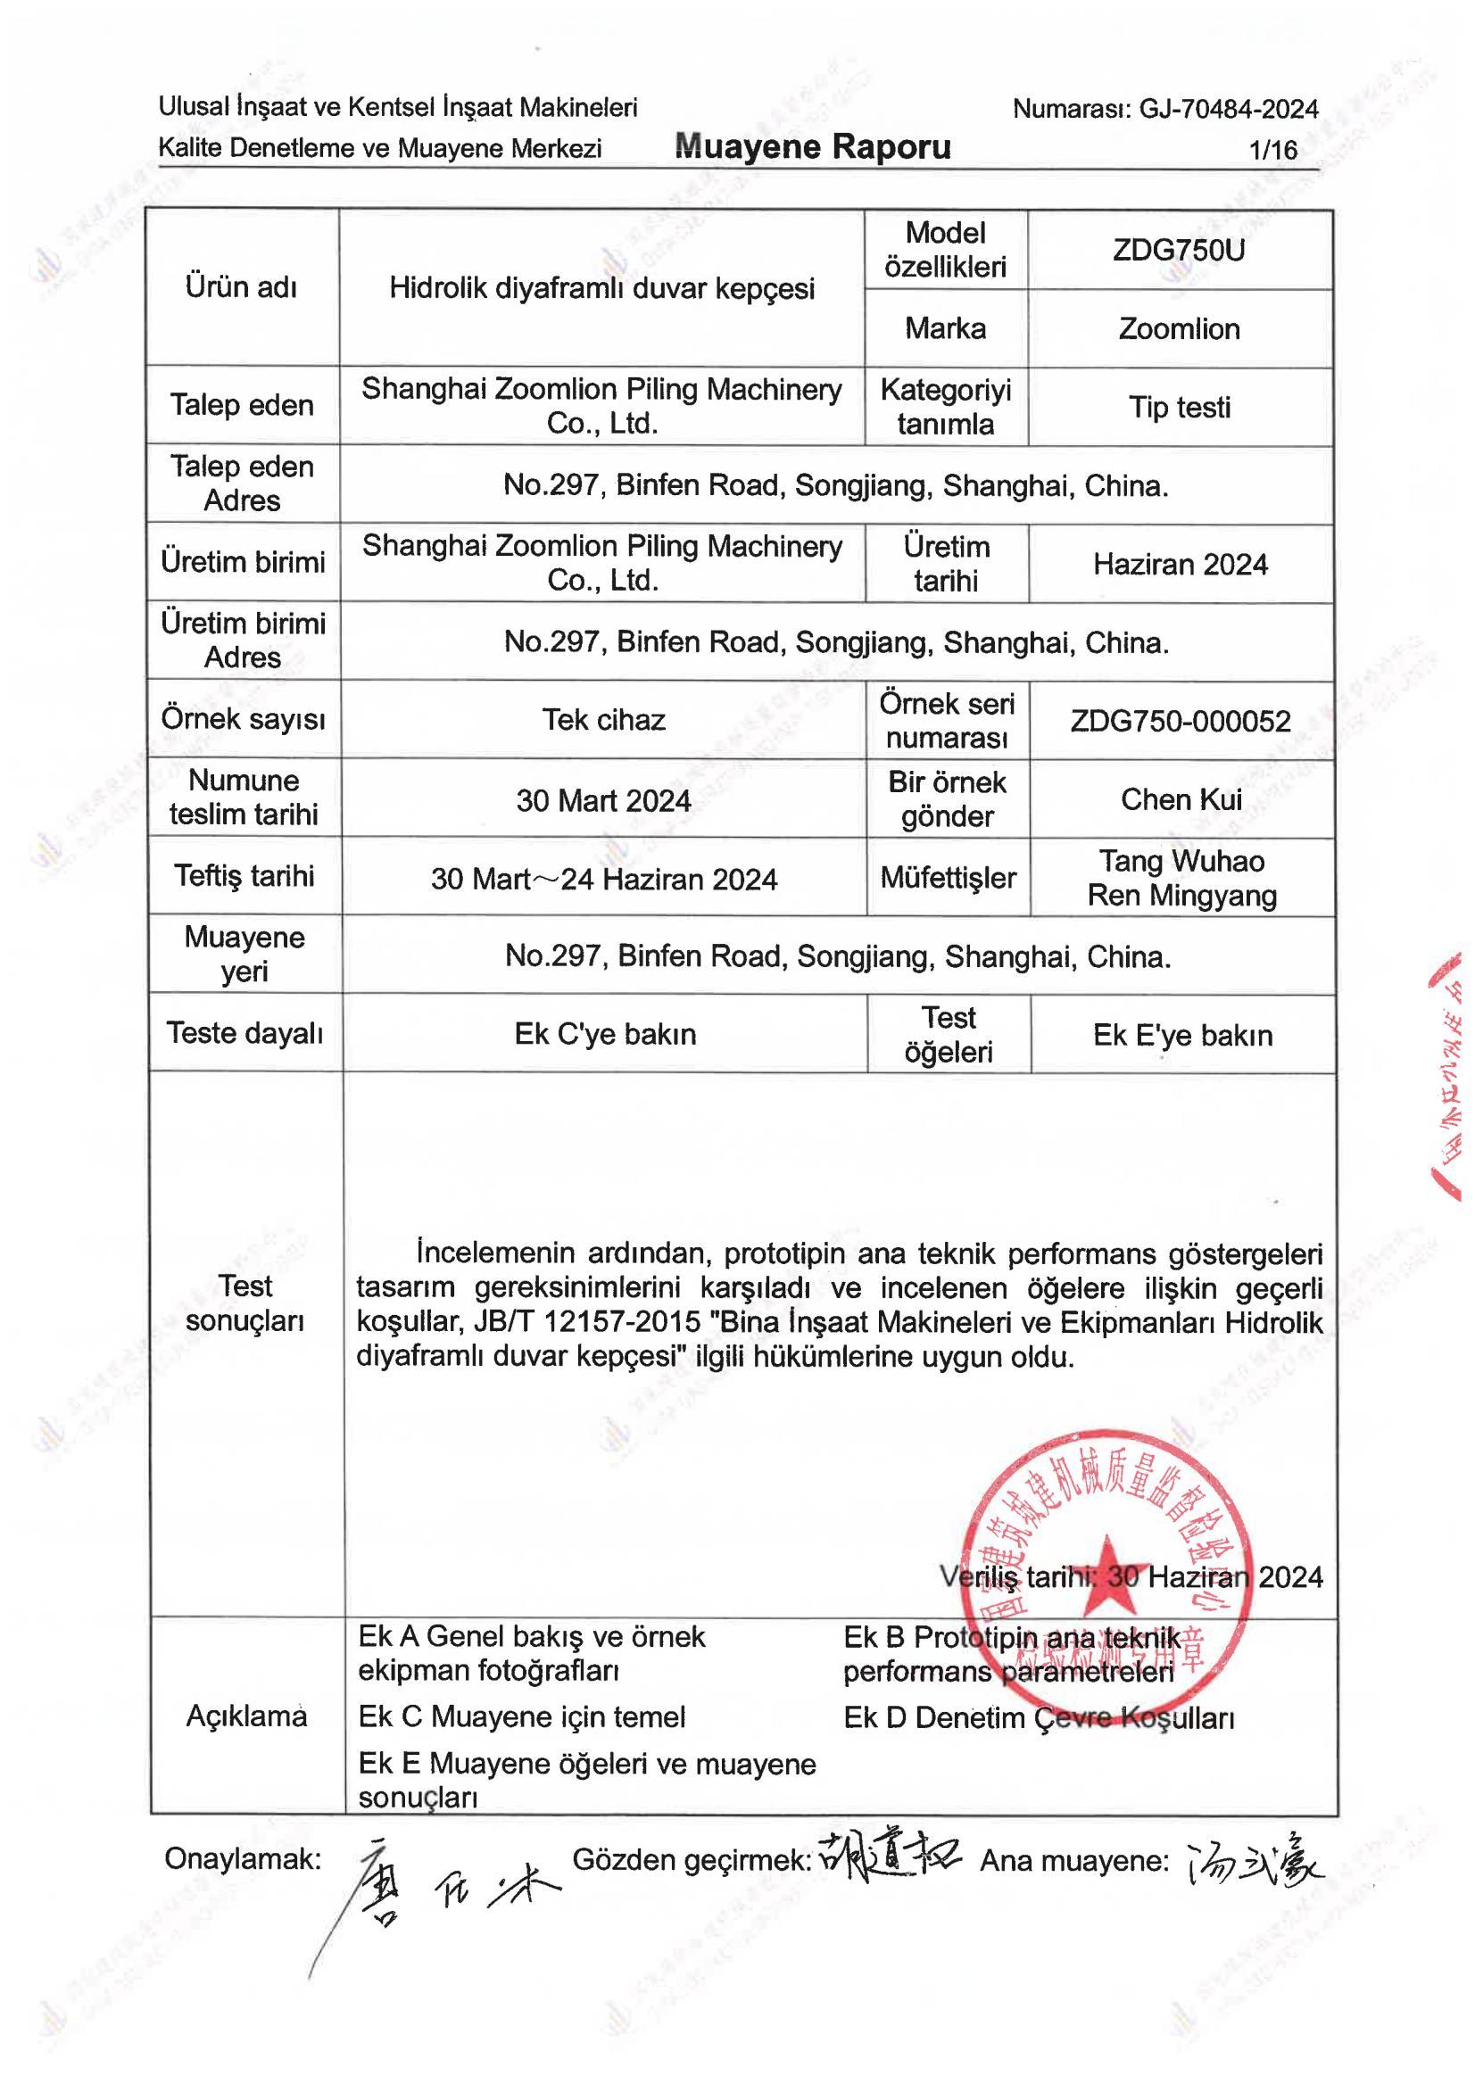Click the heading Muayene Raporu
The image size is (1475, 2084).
812,147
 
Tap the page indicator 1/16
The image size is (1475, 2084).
1273,150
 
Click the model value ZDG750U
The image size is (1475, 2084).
1179,251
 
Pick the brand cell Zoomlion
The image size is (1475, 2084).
1179,328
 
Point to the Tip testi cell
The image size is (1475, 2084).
1179,408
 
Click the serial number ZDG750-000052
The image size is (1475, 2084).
1180,721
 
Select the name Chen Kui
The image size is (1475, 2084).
1181,799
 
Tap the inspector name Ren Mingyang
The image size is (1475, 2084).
1181,896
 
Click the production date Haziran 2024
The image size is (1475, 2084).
1180,565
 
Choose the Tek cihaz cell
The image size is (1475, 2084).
604,720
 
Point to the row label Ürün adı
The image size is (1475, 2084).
242,287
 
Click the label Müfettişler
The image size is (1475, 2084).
949,878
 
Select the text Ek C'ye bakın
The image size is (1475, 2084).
605,1034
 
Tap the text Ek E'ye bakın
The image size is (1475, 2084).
1181,1035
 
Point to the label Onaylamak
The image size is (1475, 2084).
243,1859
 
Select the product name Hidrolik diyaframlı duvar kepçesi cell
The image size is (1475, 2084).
601,289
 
